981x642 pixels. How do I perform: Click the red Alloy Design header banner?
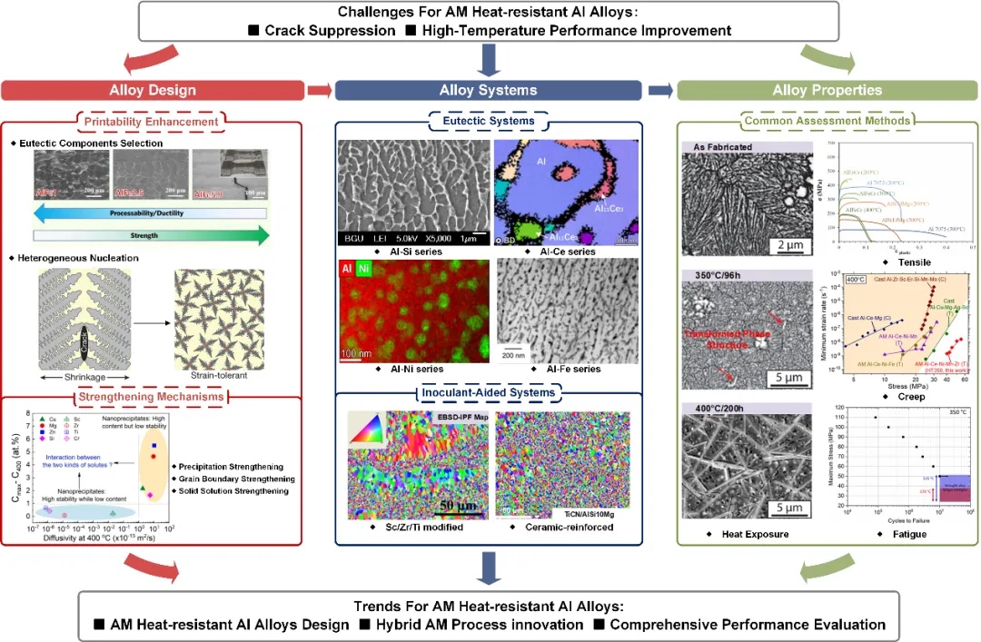[152, 90]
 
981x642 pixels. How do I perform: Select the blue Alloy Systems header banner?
[488, 90]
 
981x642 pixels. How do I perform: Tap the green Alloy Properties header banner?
[827, 90]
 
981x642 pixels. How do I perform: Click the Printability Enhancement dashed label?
[152, 123]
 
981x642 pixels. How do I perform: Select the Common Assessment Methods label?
[827, 120]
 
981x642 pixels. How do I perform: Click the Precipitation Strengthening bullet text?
[236, 467]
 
